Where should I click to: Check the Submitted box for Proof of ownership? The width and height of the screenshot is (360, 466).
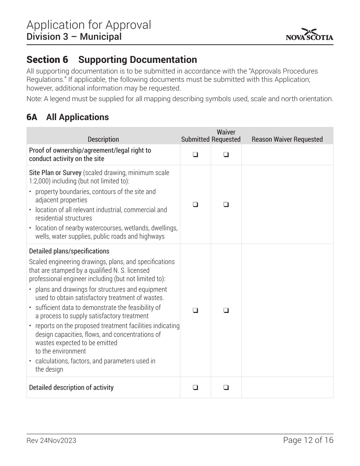(x=195, y=155)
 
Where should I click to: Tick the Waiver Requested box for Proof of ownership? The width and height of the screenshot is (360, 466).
(x=226, y=155)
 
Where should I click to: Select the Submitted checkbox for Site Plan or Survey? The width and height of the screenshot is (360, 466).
(x=195, y=205)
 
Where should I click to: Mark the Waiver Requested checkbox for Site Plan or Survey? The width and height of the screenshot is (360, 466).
(x=226, y=205)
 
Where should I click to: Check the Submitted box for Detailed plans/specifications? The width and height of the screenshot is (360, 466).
(x=195, y=310)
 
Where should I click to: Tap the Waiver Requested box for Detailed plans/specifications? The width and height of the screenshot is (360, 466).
(x=226, y=310)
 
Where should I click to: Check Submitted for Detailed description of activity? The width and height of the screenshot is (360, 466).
(x=195, y=388)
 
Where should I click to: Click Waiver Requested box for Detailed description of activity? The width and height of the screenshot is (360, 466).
(x=226, y=388)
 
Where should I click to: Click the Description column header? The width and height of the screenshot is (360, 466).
(x=103, y=139)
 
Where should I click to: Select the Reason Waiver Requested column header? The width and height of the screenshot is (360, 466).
(x=287, y=139)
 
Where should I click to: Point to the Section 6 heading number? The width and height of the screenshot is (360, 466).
(x=47, y=60)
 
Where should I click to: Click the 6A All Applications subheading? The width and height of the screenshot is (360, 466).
(x=67, y=117)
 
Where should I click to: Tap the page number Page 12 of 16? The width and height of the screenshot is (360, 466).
(x=308, y=440)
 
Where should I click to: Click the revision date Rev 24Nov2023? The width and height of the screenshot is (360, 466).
(x=51, y=441)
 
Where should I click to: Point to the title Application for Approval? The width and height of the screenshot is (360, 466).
(x=89, y=25)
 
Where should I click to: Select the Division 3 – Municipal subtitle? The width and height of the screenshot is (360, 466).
(x=74, y=37)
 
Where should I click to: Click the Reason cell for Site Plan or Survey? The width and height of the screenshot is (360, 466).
(x=287, y=205)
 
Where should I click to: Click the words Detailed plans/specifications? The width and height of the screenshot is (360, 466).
(x=69, y=251)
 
